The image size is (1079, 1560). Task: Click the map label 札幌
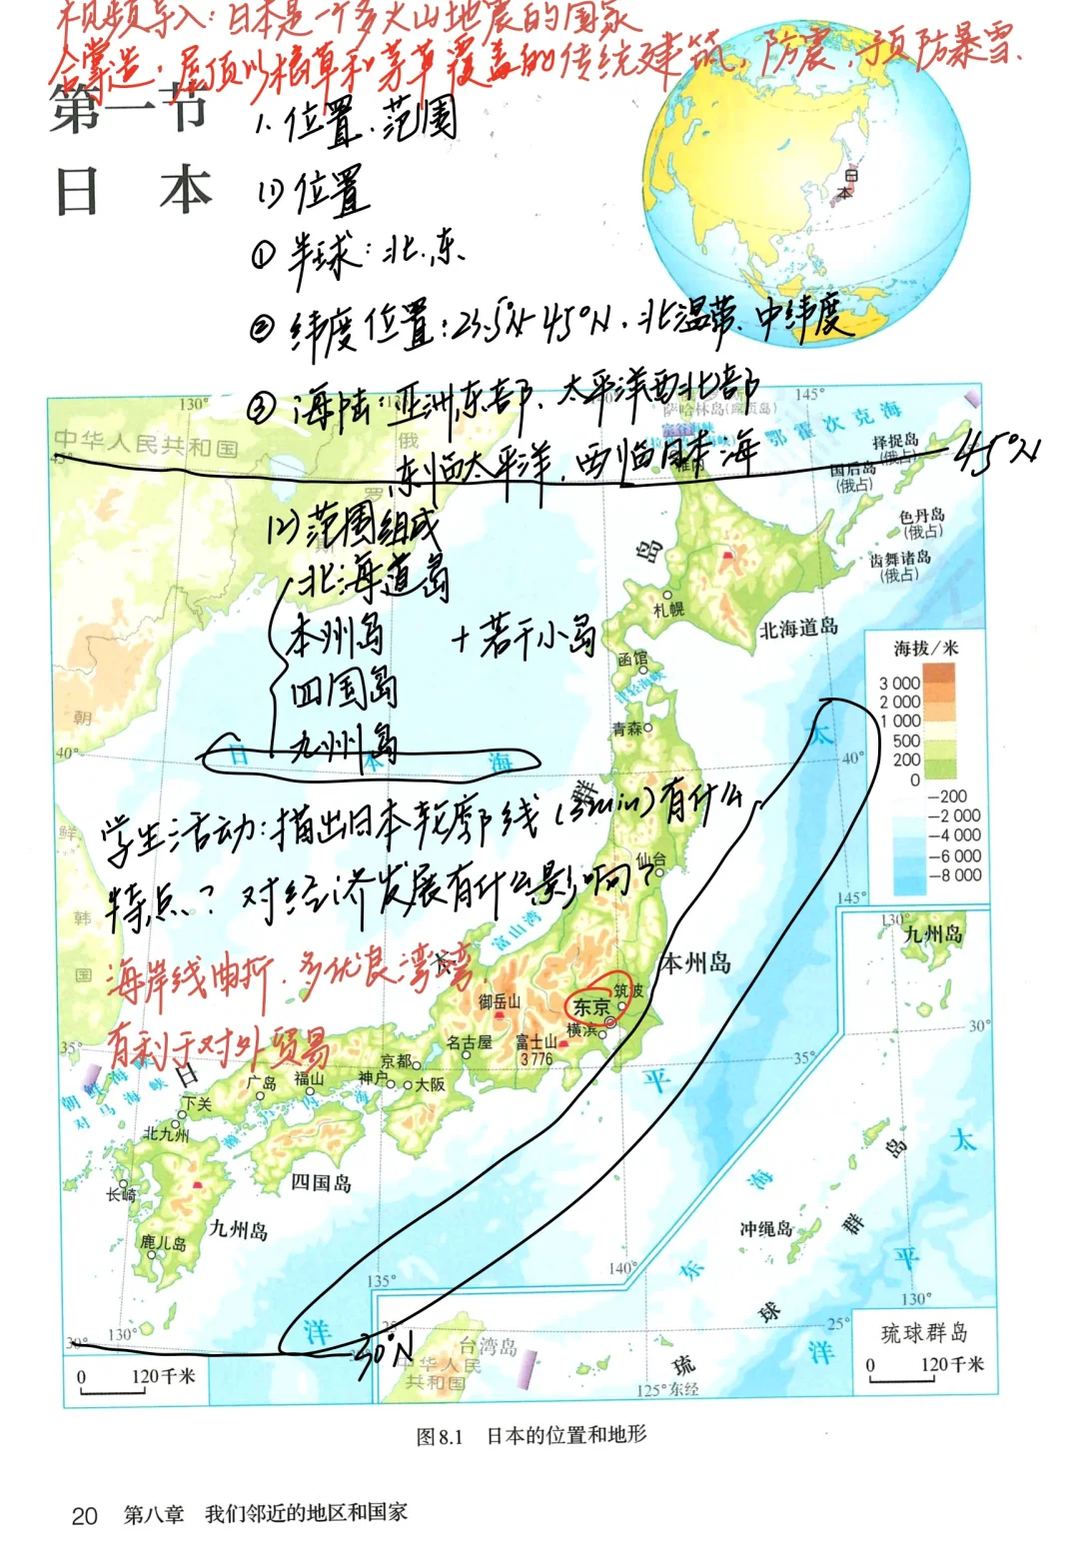pos(668,609)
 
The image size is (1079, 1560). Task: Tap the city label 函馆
pos(632,659)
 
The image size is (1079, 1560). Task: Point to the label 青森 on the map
pos(628,729)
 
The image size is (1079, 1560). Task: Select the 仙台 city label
pos(650,858)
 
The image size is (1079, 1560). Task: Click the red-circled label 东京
pos(590,1006)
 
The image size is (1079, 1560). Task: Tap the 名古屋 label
pos(469,1042)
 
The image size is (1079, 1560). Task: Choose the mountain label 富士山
pos(537,1042)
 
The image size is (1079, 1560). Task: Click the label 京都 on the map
pos(396,1061)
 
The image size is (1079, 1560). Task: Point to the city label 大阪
pos(430,1084)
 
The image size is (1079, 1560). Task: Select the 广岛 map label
pos(263,1082)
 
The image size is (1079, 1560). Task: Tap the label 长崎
pos(121,1193)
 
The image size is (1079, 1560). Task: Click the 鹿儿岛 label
pos(163,1243)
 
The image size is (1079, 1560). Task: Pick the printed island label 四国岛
pos(321,1183)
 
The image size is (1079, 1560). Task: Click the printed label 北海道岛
pos(798,628)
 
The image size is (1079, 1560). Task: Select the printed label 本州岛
pos(695,963)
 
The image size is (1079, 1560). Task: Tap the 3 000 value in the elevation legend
pos(899,683)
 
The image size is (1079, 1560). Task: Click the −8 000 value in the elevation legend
pos(954,875)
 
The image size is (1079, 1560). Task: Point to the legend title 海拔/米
pos(925,649)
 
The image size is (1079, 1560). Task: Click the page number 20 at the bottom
pos(85,1516)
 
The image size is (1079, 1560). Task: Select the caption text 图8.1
pos(440,1436)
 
